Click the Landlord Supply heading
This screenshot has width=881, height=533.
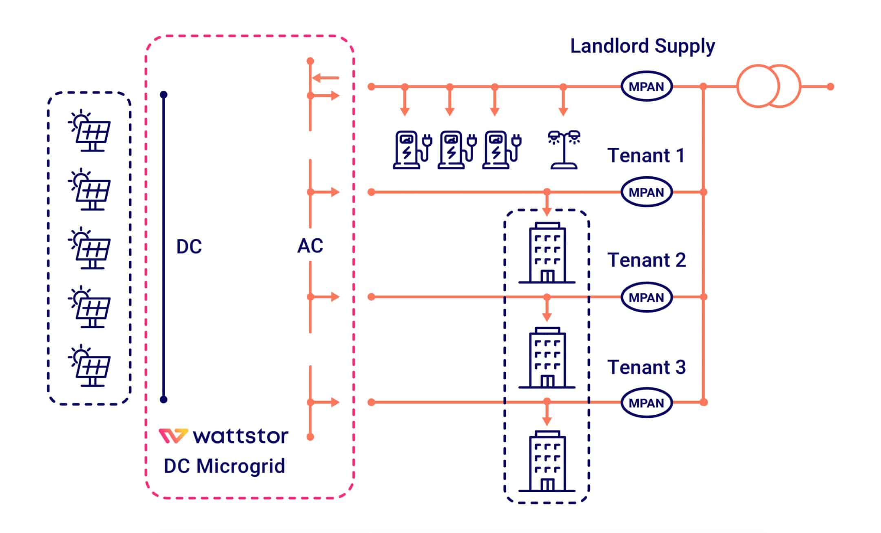(x=642, y=46)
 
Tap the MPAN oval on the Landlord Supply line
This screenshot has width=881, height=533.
(x=646, y=87)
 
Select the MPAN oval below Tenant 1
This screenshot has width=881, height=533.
(x=646, y=192)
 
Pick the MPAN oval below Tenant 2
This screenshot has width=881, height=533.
(x=646, y=297)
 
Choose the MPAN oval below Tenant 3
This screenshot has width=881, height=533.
(x=646, y=402)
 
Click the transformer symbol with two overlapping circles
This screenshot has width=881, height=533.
(x=768, y=86)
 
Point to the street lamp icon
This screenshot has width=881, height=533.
(x=564, y=149)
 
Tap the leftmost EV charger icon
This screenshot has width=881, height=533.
(x=411, y=149)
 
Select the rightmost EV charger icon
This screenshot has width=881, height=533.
(x=501, y=149)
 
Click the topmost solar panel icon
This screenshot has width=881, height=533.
(x=90, y=131)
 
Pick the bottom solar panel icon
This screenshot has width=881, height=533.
(x=90, y=366)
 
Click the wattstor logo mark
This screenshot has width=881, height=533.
(x=173, y=436)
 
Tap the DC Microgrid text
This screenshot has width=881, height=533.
(x=224, y=466)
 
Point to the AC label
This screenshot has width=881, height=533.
(x=310, y=246)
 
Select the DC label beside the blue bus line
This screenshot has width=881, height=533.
(x=189, y=247)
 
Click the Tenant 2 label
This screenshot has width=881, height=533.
(x=646, y=260)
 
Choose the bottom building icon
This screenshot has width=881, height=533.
(x=547, y=461)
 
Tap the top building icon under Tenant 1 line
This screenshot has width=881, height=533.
(x=547, y=253)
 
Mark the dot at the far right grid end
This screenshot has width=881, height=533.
(x=830, y=87)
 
